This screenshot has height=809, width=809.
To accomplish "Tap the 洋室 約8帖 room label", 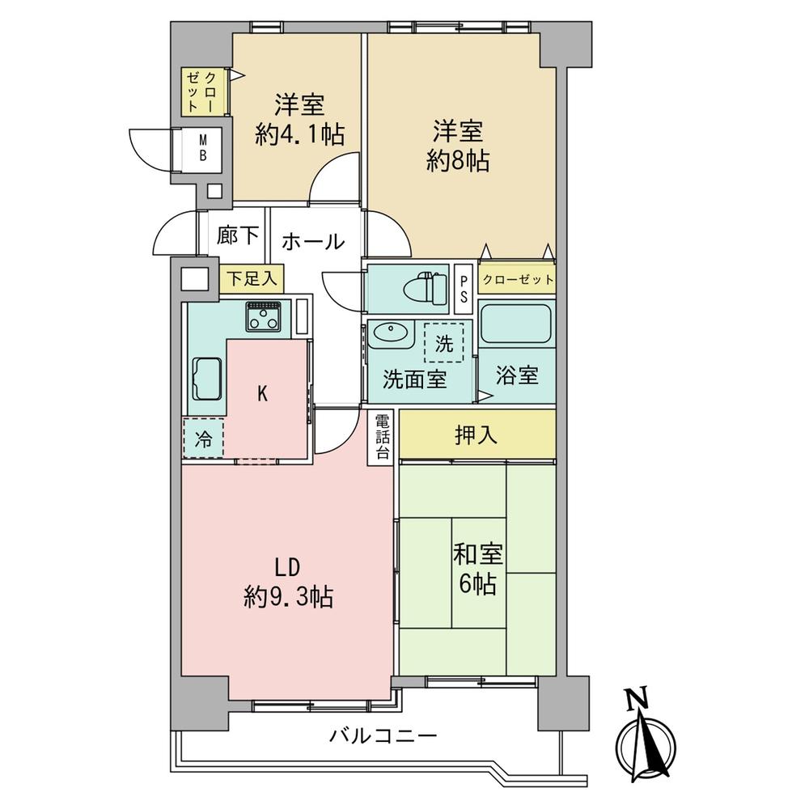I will pyautogui.click(x=458, y=146).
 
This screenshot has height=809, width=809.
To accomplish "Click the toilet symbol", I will pyautogui.click(x=425, y=288).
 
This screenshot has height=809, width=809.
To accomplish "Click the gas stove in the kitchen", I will pyautogui.click(x=265, y=319).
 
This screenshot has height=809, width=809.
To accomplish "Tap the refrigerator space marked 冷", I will pyautogui.click(x=204, y=439).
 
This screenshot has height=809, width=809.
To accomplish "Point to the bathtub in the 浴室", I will pyautogui.click(x=516, y=324).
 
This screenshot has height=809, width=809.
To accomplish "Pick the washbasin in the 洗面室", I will pyautogui.click(x=391, y=334).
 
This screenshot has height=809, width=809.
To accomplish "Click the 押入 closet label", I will pyautogui.click(x=476, y=435).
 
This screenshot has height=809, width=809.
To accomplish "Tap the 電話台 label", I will pyautogui.click(x=382, y=437).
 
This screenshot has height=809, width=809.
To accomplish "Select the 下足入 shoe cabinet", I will pyautogui.click(x=251, y=279).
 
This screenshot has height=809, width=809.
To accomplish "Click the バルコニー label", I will pyautogui.click(x=383, y=736).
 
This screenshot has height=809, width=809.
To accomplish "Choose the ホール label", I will pyautogui.click(x=314, y=241).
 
